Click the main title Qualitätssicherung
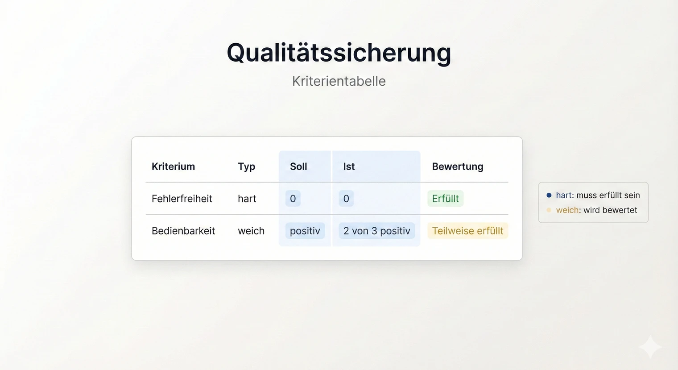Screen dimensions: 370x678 tap(339, 53)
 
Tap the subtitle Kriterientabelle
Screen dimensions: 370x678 tap(339, 81)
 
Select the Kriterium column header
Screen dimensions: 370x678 tap(173, 166)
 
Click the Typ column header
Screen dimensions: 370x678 tap(246, 166)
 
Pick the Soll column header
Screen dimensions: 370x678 tap(298, 166)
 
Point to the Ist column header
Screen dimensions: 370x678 tap(349, 166)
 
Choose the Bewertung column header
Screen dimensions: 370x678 tap(458, 166)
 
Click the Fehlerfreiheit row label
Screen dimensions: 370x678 tap(182, 199)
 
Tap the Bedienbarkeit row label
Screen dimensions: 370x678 tap(183, 231)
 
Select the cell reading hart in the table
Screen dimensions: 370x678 tap(247, 199)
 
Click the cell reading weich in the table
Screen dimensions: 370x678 tap(251, 231)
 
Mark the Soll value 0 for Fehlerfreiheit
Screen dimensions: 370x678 tap(293, 199)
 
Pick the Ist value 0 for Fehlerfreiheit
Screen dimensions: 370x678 tap(346, 199)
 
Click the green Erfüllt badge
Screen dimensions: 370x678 tap(445, 199)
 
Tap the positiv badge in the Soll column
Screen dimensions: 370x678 tap(305, 231)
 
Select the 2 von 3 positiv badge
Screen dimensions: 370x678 tap(377, 231)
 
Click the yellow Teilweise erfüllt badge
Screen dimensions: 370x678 tap(467, 231)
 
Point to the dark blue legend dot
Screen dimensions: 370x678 tap(549, 195)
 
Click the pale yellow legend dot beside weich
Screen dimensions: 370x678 tap(549, 210)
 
